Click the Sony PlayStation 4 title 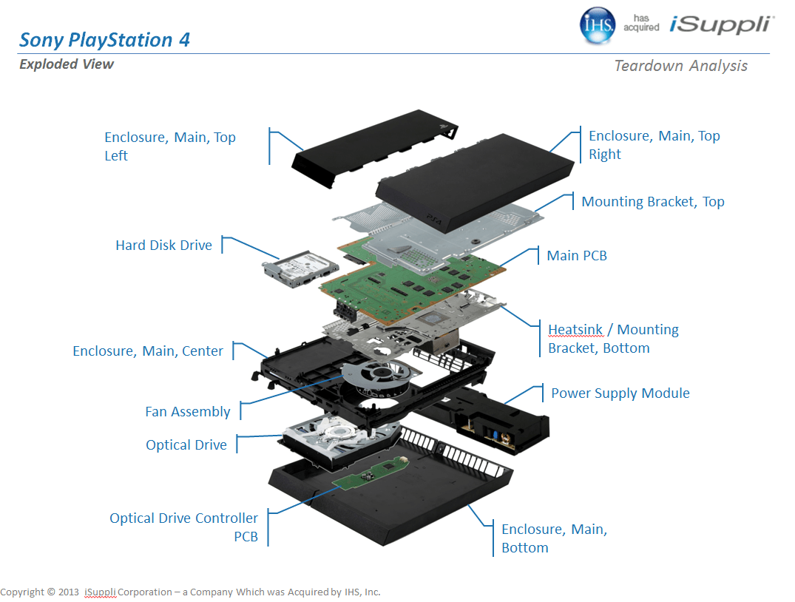coord(104,40)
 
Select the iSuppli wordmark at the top coord(721,24)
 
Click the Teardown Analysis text coord(680,66)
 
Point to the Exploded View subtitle coord(67,64)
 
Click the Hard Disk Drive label coord(163,246)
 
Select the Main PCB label coord(577,256)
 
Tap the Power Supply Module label coord(620,393)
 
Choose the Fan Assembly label coord(188,412)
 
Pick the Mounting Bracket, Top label coord(652,202)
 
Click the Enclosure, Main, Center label coord(148,351)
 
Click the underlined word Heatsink coord(575,330)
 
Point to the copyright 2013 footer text coord(190,592)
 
